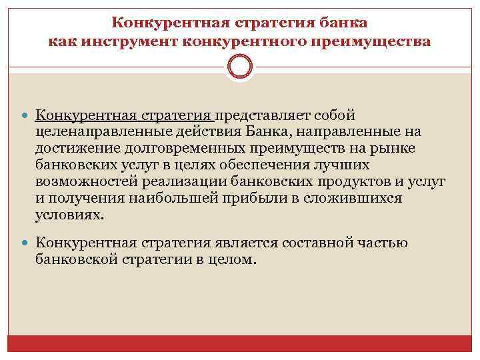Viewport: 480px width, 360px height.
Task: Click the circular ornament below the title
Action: tap(240, 67)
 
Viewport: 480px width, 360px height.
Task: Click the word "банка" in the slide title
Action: tap(343, 23)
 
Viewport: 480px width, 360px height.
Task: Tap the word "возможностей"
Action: tap(85, 181)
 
